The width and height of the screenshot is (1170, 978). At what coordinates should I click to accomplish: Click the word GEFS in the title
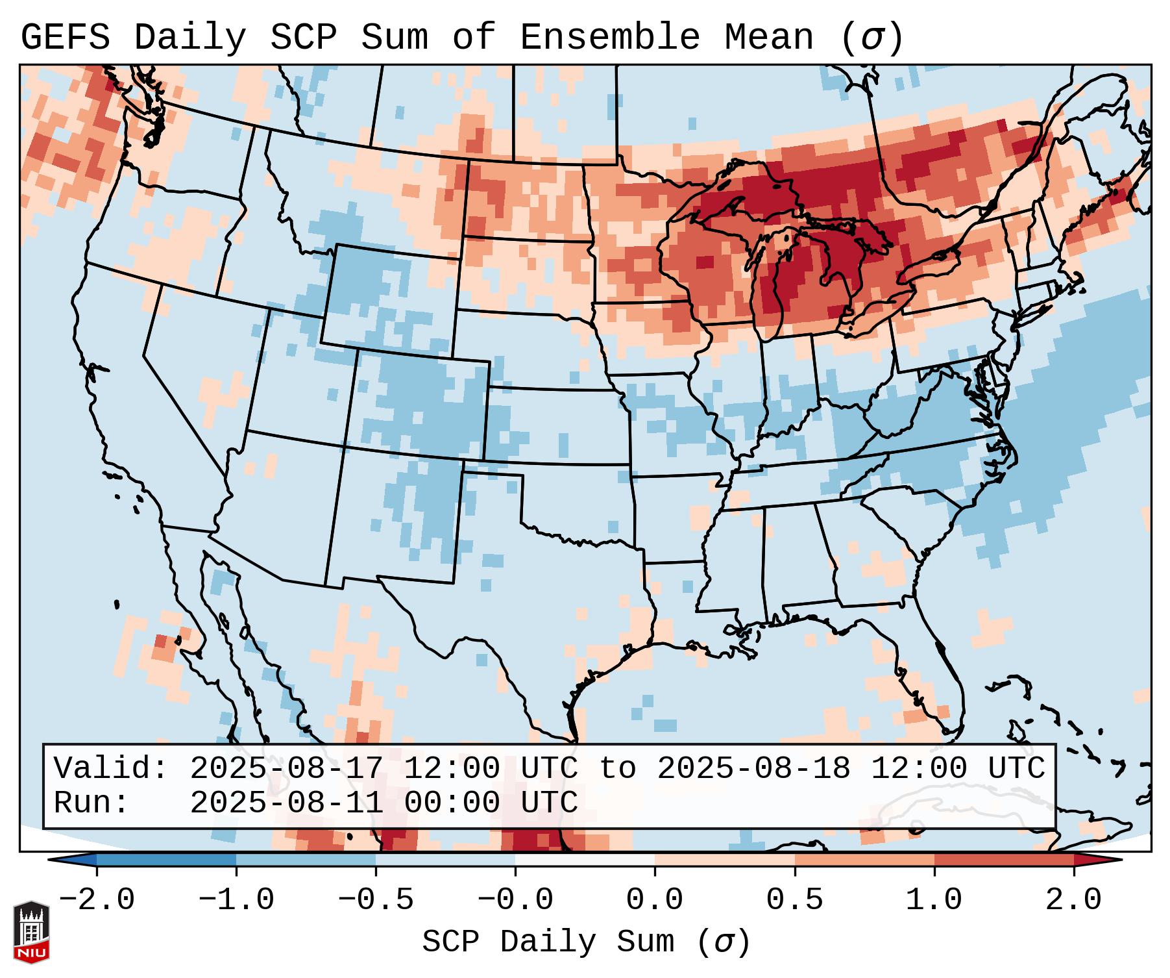65,38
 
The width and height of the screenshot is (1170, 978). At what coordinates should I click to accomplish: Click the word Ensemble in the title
609,38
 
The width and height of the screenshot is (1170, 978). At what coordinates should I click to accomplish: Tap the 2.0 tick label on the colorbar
1074,900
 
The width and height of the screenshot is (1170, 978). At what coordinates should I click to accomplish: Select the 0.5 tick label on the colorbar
794,900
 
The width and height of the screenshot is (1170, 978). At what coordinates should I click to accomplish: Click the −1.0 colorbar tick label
236,900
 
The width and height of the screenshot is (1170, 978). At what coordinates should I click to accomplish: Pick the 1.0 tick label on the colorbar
934,900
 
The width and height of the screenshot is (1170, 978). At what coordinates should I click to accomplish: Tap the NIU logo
31,932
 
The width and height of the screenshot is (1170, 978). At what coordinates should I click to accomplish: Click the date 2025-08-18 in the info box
753,768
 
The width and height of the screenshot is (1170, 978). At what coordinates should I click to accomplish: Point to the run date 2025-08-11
286,803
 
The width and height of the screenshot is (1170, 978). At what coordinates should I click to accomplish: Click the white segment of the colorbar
585,860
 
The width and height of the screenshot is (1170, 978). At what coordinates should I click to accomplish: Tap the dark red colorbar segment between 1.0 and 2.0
1003,860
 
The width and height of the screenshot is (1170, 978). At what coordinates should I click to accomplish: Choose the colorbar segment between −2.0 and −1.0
166,860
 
